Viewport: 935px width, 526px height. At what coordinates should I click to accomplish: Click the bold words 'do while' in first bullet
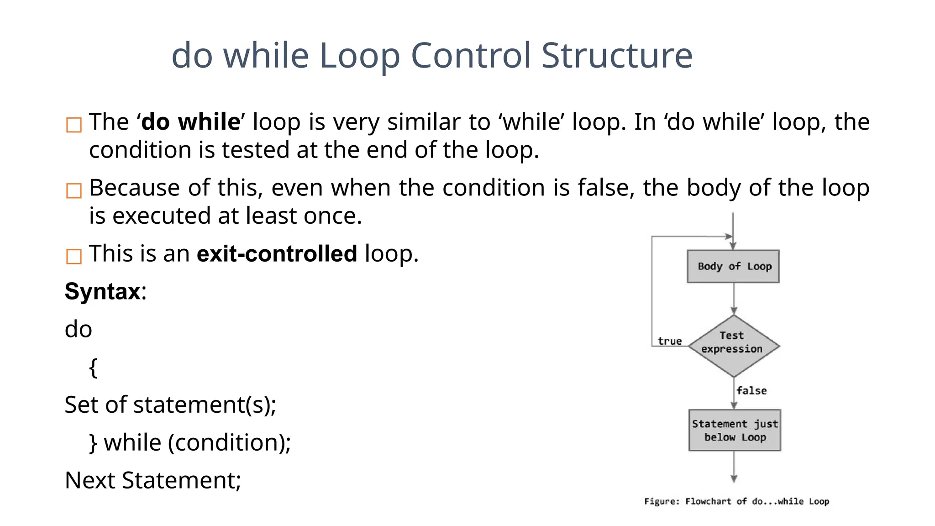191,122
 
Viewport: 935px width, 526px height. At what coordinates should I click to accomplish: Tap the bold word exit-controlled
277,254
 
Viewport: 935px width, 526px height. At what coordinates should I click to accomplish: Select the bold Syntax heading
103,291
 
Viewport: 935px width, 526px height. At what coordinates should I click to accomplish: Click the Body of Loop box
733,266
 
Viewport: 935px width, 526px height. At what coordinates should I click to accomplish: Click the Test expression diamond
733,346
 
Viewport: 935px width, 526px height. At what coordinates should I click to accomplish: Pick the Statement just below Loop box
734,430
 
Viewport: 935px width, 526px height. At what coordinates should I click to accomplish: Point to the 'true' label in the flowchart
669,341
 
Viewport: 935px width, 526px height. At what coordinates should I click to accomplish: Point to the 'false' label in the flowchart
751,390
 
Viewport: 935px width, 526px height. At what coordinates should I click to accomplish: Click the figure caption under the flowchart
736,501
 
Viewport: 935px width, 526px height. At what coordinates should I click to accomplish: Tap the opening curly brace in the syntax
93,367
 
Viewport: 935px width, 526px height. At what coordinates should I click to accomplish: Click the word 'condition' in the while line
227,443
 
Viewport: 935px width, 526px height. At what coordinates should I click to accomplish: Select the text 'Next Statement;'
153,480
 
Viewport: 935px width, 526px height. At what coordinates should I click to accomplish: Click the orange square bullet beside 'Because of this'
74,190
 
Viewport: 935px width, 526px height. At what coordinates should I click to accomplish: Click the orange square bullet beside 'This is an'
74,256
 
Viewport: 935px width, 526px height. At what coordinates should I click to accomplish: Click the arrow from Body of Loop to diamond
734,299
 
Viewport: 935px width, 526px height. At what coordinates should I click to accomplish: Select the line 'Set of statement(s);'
170,405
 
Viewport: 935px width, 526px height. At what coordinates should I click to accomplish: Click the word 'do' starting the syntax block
79,329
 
